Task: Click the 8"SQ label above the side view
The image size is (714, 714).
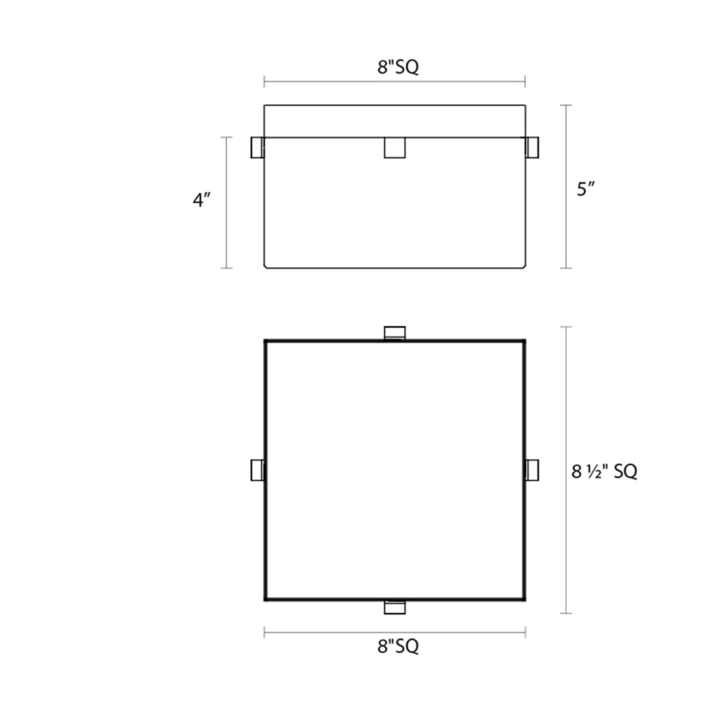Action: [398, 67]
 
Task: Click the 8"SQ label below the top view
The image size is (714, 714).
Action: [398, 646]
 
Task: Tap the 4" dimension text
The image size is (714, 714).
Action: [201, 200]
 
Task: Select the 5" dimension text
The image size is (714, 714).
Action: [585, 189]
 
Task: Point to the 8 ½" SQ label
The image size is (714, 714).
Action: [604, 471]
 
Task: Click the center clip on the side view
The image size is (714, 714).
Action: [395, 148]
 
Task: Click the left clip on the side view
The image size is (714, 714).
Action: [257, 148]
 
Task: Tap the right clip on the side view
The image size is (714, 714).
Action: [533, 148]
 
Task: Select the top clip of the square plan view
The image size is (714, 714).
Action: [395, 333]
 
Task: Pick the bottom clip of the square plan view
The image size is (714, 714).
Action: [395, 607]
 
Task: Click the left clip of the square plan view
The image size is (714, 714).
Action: [257, 470]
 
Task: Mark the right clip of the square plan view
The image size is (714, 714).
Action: [533, 470]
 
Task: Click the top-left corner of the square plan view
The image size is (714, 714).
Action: [265, 341]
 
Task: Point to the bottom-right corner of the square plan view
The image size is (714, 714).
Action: [525, 599]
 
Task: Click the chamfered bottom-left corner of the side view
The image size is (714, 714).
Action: [266, 266]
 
